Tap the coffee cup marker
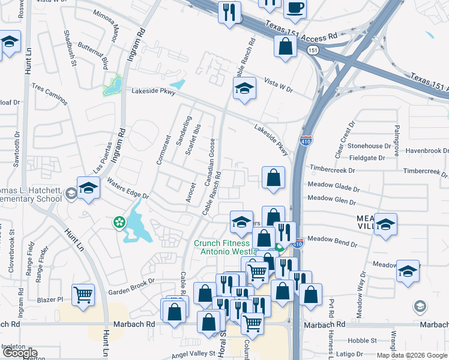tap(294, 8)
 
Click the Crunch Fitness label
tap(221, 244)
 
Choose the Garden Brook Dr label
tap(131, 285)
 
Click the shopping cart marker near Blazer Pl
tap(83, 294)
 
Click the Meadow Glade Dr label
tap(333, 187)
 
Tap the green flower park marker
tap(120, 222)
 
